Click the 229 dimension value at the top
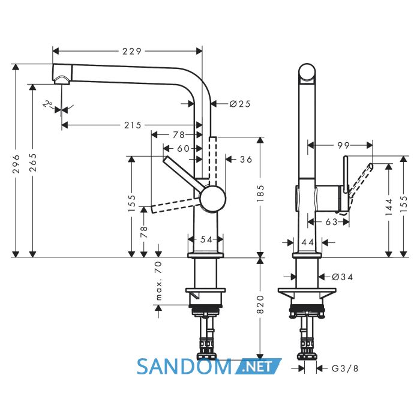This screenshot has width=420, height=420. coord(132,51)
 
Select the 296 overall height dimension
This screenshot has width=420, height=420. coord(16,164)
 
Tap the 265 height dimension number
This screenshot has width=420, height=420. coord(32,163)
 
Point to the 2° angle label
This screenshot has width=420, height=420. coord(47,104)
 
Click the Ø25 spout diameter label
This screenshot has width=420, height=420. coord(240,104)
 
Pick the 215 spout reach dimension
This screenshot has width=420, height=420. coord(133,125)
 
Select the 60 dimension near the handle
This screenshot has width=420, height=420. coord(184,148)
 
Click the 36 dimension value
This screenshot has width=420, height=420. coord(246,160)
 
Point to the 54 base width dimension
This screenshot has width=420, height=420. coord(206,239)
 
